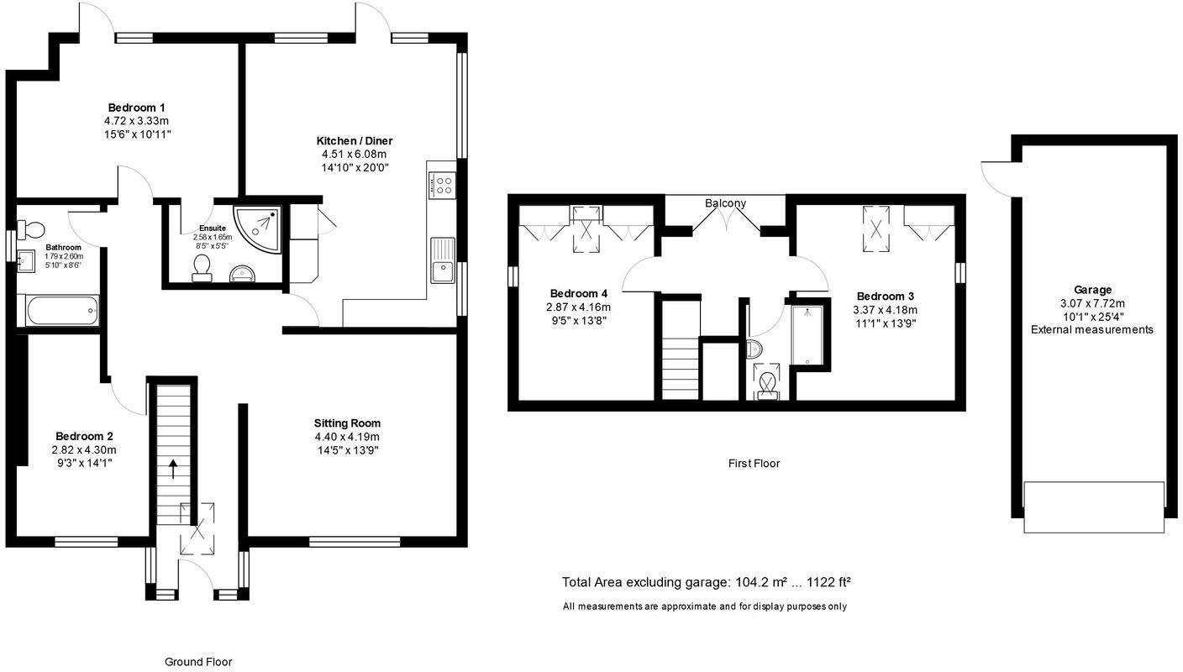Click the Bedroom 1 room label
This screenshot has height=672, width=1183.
point(136,108)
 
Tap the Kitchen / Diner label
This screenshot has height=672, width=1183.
point(354,141)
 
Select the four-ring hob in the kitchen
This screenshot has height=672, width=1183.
point(442,184)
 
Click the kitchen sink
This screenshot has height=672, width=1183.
point(442,260)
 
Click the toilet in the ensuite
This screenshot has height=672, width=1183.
point(202,267)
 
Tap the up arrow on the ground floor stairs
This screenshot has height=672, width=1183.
point(174,468)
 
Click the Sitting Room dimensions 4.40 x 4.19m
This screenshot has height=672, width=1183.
point(347,437)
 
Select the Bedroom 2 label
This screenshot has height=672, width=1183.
point(84,437)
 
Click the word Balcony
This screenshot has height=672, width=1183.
point(725,203)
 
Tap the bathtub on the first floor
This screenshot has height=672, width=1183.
point(807,335)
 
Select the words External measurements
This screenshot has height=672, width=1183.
point(1092,330)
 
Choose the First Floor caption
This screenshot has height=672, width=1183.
point(754,463)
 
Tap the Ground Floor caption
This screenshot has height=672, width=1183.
point(198,662)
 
